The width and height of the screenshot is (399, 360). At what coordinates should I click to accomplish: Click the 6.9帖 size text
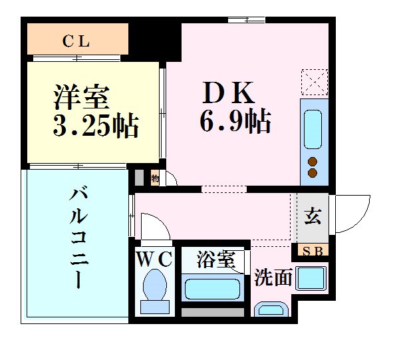pos(234,121)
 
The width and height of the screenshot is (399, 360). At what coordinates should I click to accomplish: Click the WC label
pos(155,258)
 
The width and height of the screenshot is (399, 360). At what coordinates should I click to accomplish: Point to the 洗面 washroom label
pos(273,277)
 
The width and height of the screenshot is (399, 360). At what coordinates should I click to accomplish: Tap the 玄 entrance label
pos(313,217)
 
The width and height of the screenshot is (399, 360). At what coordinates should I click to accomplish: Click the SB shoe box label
pos(312,252)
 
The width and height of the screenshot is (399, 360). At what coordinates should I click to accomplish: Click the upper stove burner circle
pos(313,161)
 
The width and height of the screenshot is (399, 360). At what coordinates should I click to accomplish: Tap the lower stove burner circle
pos(313,174)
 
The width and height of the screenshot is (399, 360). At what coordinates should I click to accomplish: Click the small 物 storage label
pos(154,178)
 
